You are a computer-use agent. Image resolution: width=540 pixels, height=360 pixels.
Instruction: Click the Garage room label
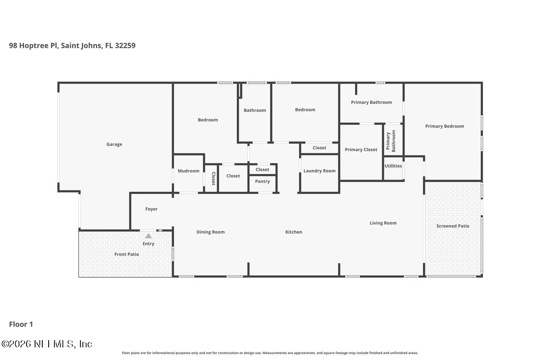click(114, 144)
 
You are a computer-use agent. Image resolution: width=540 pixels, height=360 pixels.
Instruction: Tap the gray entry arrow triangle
click(148, 236)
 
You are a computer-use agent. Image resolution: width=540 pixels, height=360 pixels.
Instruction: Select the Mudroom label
click(189, 171)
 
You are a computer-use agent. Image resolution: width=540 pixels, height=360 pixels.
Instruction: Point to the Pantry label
click(262, 181)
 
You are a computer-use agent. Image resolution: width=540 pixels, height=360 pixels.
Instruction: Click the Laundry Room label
click(319, 171)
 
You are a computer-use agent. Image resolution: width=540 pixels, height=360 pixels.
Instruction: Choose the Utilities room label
click(393, 166)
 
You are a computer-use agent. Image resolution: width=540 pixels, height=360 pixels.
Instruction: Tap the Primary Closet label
click(361, 149)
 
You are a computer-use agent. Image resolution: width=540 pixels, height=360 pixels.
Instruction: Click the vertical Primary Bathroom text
click(391, 141)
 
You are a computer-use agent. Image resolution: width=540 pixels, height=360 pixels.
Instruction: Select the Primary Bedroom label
click(445, 126)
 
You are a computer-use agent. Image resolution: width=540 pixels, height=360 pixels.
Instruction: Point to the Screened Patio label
click(453, 226)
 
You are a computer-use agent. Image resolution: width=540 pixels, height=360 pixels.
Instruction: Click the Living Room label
click(383, 223)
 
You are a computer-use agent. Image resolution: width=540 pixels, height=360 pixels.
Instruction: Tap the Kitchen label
click(293, 232)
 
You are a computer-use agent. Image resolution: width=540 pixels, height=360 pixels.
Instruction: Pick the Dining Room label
click(211, 232)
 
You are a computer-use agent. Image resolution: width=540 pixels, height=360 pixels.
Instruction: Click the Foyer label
click(151, 209)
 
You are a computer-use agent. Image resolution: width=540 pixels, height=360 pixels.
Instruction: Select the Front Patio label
click(126, 254)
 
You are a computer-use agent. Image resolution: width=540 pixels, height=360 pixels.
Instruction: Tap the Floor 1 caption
click(21, 324)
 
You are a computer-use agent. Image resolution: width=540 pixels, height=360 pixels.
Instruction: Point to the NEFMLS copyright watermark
click(47, 344)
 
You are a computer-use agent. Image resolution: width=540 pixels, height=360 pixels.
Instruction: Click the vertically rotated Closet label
click(213, 179)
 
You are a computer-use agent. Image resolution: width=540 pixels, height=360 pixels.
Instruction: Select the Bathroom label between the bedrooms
click(255, 110)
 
